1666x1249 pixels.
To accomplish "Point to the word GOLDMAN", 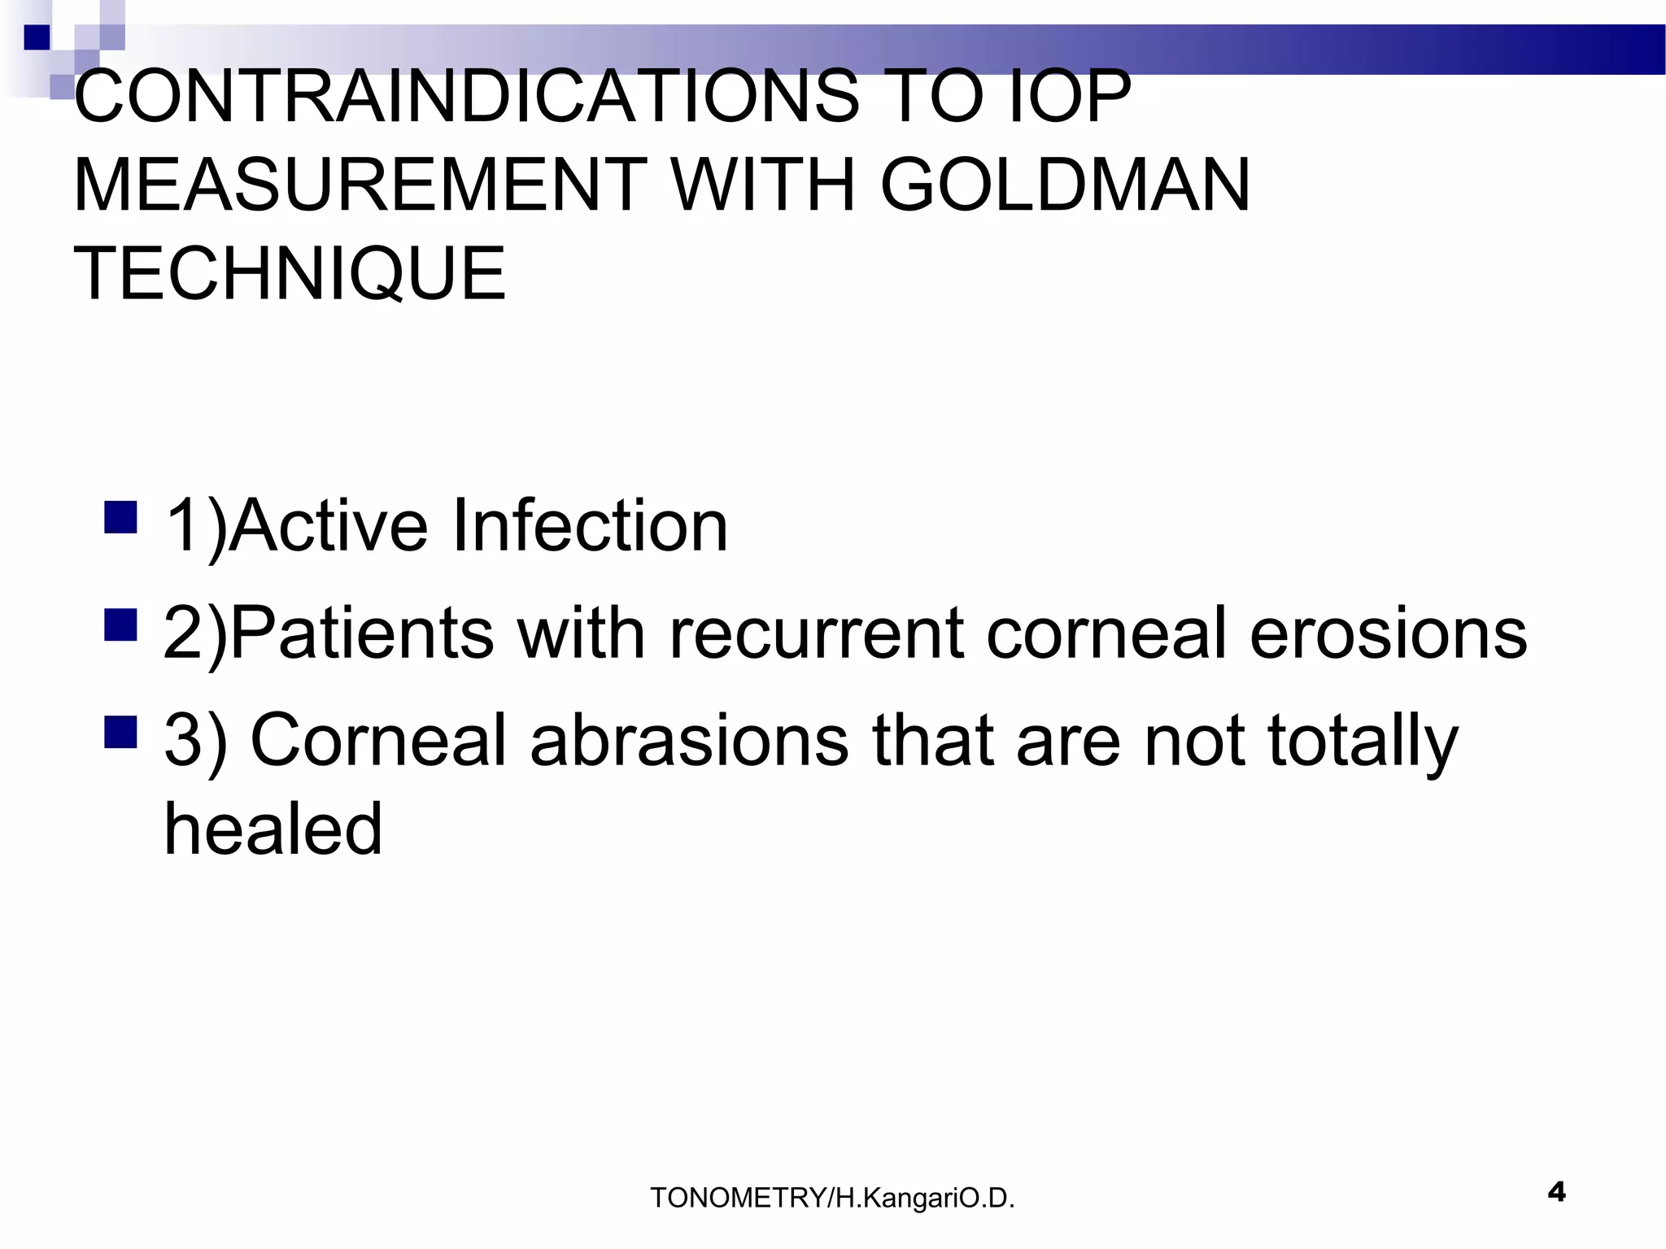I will [x=1065, y=185].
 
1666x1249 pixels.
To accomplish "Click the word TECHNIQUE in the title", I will [x=290, y=273].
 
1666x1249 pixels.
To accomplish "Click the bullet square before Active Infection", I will [x=120, y=517].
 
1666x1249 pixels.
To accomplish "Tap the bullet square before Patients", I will [x=120, y=624].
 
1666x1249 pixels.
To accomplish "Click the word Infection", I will [x=590, y=526].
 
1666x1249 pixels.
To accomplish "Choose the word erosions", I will [x=1388, y=633].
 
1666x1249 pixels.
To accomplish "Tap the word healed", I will [x=273, y=829].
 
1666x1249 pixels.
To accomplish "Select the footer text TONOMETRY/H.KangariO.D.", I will [x=832, y=1198].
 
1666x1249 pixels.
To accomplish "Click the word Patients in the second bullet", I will [x=363, y=633].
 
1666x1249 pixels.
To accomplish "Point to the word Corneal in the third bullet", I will [x=378, y=740].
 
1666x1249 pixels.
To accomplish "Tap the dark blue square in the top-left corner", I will [x=37, y=37].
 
